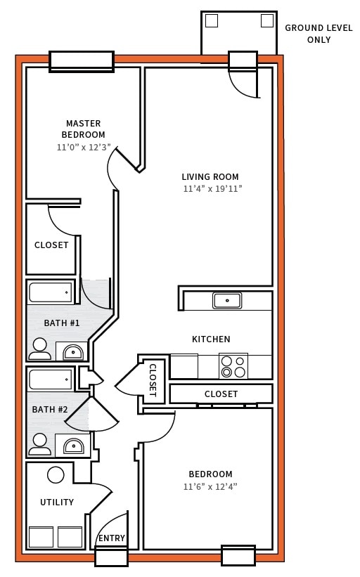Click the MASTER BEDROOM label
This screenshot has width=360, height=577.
pyautogui.click(x=83, y=129)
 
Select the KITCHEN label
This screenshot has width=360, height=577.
pyautogui.click(x=211, y=339)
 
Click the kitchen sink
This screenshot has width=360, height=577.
pyautogui.click(x=227, y=301)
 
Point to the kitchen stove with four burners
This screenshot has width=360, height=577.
pyautogui.click(x=233, y=367)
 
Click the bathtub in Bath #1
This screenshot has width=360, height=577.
pyautogui.click(x=51, y=292)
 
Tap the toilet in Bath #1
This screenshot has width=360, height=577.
pyautogui.click(x=40, y=349)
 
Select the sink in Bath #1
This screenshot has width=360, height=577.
pyautogui.click(x=72, y=351)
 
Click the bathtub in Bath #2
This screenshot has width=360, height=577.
pyautogui.click(x=51, y=380)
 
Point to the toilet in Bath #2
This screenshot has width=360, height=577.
pyautogui.click(x=40, y=444)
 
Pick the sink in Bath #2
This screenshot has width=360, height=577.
pyautogui.click(x=72, y=446)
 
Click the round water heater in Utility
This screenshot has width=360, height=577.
pyautogui.click(x=56, y=475)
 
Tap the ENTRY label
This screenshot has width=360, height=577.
pyautogui.click(x=111, y=538)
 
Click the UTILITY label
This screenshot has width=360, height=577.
pyautogui.click(x=57, y=503)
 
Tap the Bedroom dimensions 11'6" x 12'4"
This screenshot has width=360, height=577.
pyautogui.click(x=210, y=486)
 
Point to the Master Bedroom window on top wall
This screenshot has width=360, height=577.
pyautogui.click(x=81, y=61)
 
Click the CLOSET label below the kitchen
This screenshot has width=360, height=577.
pyautogui.click(x=221, y=394)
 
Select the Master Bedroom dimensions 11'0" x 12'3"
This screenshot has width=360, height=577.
pyautogui.click(x=83, y=148)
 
